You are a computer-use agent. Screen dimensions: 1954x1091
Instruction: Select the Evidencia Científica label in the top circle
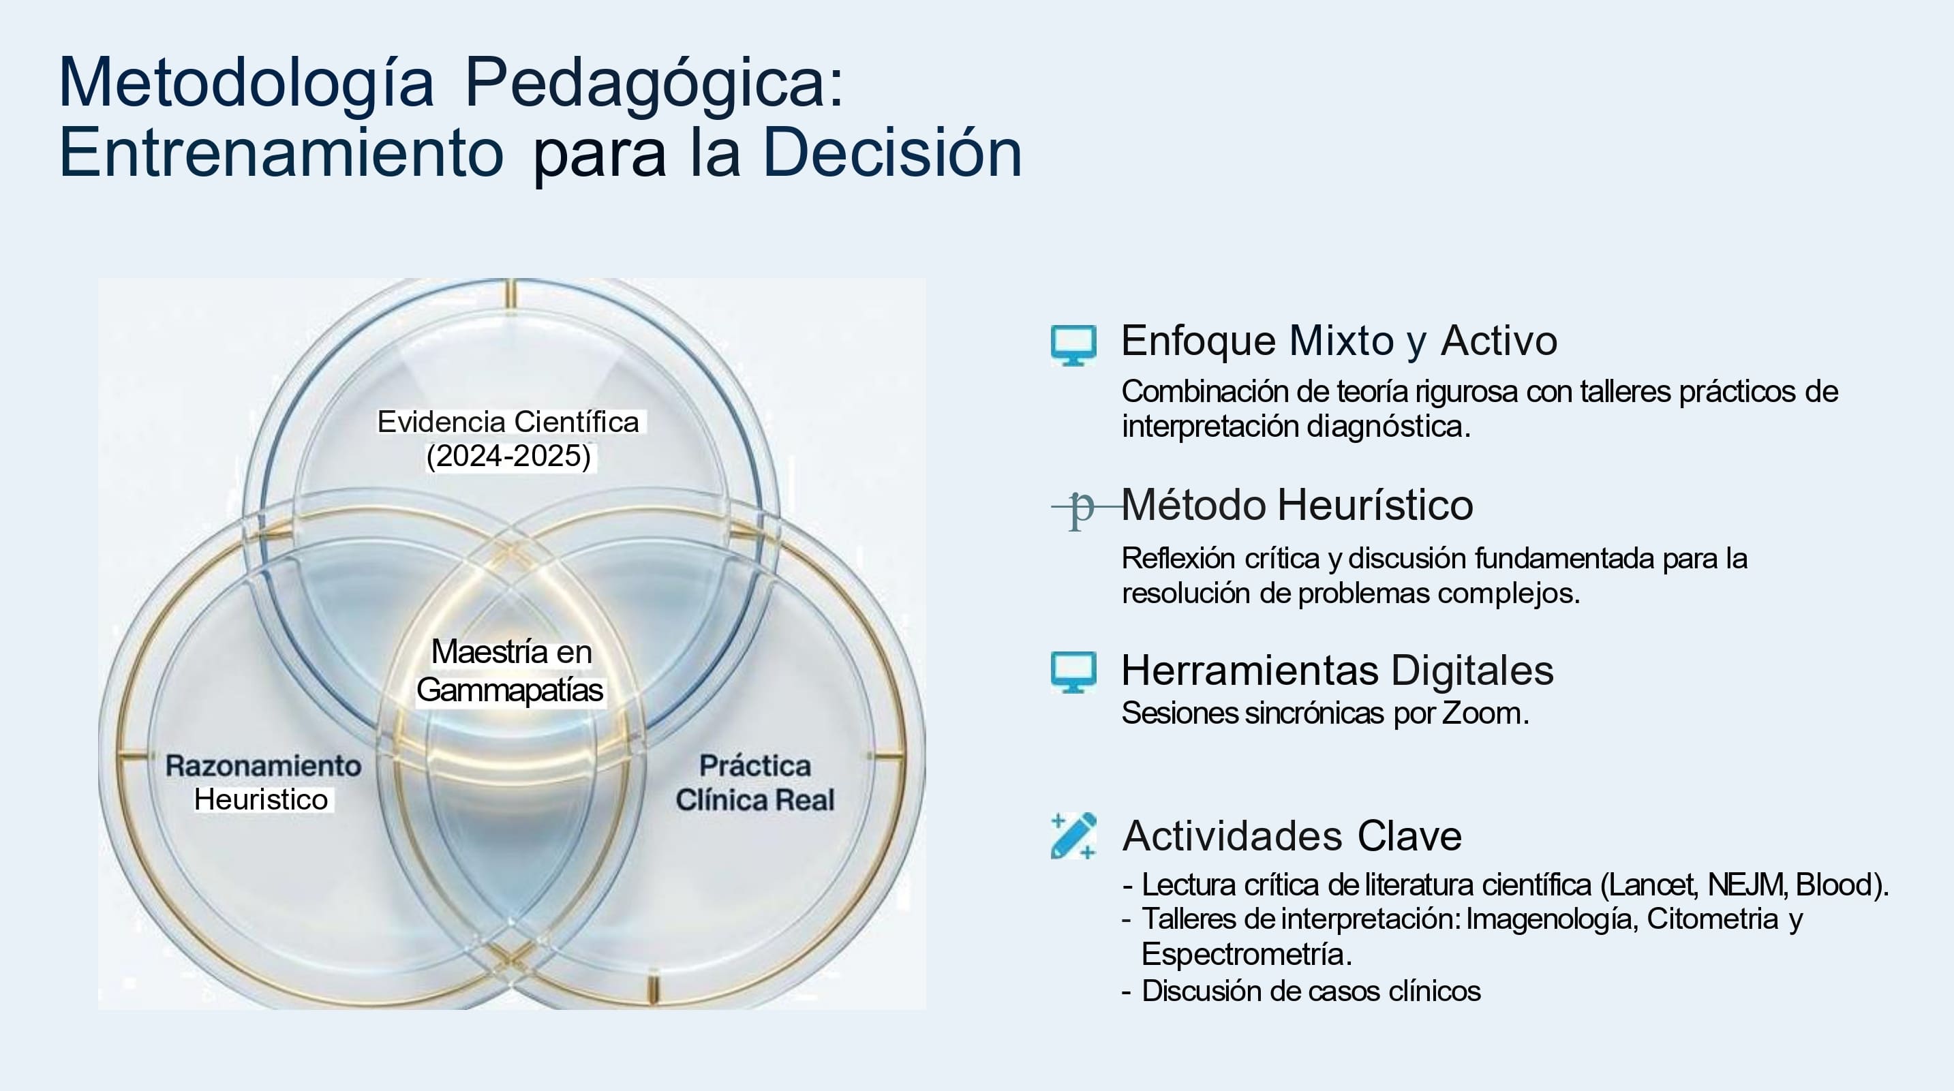tap(508, 422)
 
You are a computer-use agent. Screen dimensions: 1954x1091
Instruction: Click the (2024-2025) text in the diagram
tap(508, 456)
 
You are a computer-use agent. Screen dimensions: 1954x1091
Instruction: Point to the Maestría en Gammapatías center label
tap(510, 671)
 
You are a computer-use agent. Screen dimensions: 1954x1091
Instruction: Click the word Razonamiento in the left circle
tap(263, 765)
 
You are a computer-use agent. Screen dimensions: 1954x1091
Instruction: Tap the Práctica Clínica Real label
tap(754, 782)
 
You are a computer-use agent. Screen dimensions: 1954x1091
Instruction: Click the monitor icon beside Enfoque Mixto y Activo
tap(1073, 345)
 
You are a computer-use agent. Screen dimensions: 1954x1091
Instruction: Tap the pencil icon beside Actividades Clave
tap(1073, 836)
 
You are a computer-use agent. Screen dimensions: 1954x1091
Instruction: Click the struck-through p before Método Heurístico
tap(1082, 507)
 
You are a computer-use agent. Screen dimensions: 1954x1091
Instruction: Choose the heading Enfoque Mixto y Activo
tap(1339, 341)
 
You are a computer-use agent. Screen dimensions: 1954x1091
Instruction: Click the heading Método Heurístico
tap(1297, 504)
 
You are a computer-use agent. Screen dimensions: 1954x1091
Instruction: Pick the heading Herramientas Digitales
tap(1337, 671)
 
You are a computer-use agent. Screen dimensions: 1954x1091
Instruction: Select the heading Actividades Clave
tap(1292, 836)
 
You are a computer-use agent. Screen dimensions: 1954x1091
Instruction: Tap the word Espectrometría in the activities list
tap(1247, 953)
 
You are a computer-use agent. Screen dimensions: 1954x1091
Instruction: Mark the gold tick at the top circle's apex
tap(510, 294)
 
